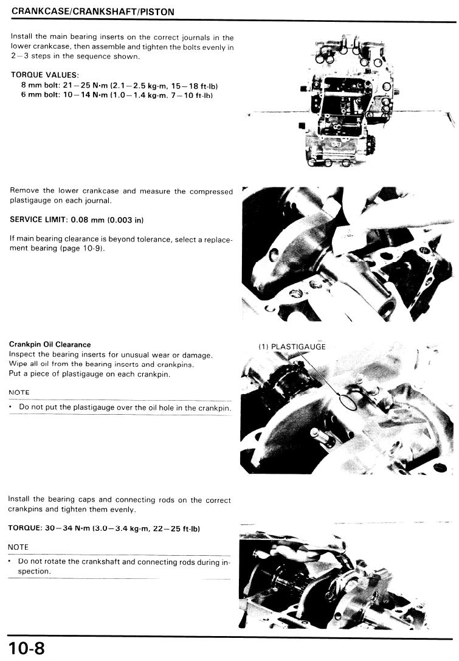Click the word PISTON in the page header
click(157, 12)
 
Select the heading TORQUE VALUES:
click(44, 75)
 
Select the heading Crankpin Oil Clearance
click(50, 344)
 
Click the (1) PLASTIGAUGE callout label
click(292, 347)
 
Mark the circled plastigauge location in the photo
click(347, 402)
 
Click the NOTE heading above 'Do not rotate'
click(18, 547)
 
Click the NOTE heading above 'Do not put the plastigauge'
click(19, 392)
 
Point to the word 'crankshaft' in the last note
click(101, 562)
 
